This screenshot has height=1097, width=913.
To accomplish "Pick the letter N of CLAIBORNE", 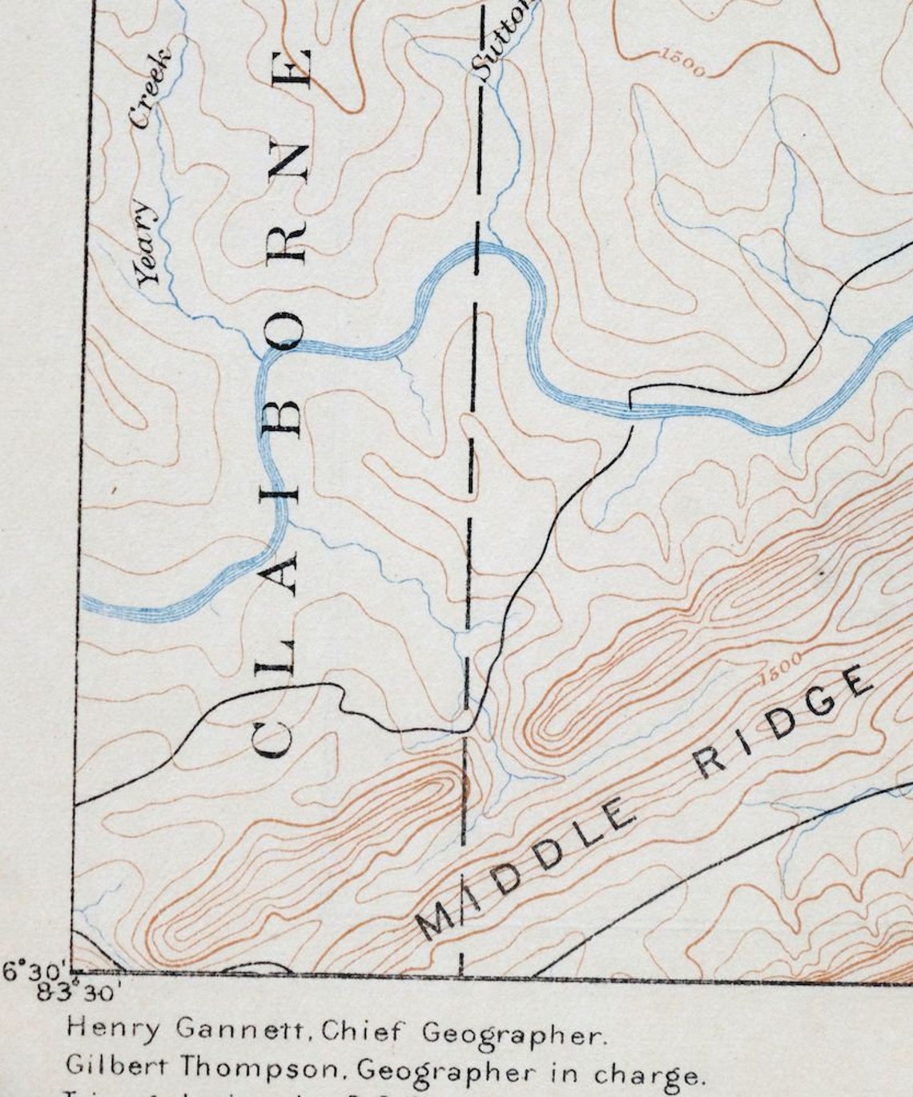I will pyautogui.click(x=288, y=159).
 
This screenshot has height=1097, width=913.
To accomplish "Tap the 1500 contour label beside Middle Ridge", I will pyautogui.click(x=778, y=667).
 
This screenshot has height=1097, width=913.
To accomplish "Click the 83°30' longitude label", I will pyautogui.click(x=79, y=991).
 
